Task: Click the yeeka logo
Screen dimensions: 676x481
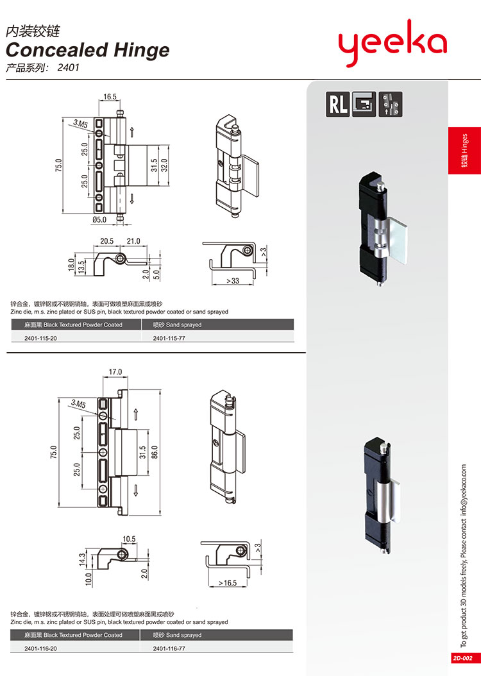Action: (392, 44)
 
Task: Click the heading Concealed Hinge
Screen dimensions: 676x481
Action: (88, 50)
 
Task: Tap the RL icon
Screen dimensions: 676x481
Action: (338, 104)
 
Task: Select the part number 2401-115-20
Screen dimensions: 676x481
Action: (41, 337)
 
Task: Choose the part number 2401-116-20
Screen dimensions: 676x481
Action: (41, 648)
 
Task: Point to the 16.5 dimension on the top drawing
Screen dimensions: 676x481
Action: (110, 97)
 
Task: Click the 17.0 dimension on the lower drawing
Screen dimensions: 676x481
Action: (115, 371)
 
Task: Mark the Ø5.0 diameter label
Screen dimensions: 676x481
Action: (99, 219)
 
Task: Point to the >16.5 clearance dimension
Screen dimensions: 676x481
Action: (228, 583)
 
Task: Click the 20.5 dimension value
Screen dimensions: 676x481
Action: (107, 241)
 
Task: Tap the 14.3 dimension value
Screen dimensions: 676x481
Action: (82, 558)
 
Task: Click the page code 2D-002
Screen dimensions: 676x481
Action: (462, 658)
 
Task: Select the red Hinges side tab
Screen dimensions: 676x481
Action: (464, 151)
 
